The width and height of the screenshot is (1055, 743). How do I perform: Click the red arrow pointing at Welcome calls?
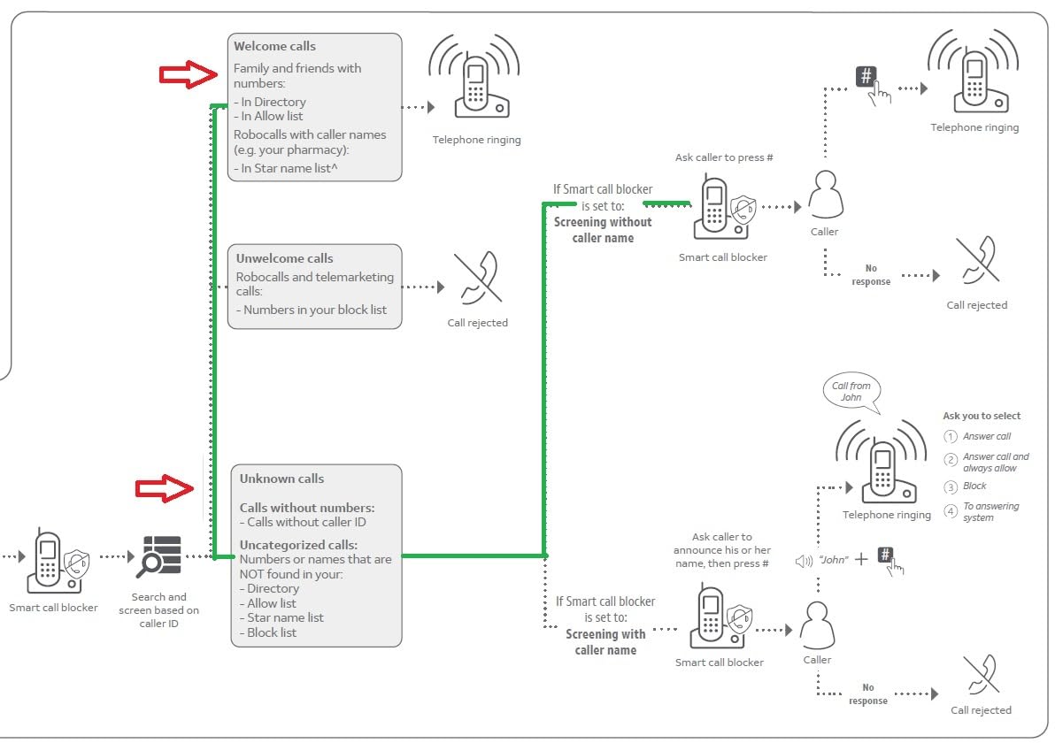(189, 74)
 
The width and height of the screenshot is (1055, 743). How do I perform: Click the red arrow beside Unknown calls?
(165, 488)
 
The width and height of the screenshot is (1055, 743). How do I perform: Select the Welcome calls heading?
(274, 46)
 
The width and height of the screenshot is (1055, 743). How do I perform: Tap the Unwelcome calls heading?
(285, 258)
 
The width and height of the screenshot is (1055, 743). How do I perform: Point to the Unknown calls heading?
(282, 479)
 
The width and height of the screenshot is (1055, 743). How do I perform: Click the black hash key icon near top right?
(866, 76)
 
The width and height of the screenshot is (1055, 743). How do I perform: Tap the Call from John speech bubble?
(851, 391)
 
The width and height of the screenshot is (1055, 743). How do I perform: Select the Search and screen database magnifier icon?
(158, 556)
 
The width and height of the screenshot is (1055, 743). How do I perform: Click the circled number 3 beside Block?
(950, 486)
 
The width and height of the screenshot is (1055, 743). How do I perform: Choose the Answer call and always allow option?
(996, 462)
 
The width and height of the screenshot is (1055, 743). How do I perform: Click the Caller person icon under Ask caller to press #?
(826, 195)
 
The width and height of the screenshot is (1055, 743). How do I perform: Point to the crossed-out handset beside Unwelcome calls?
(479, 278)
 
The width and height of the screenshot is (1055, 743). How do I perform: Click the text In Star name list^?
(289, 168)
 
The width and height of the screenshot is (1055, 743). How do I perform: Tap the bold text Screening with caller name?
(605, 642)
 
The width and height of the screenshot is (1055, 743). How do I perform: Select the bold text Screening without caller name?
(603, 230)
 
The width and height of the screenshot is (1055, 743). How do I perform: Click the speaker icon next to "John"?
(804, 560)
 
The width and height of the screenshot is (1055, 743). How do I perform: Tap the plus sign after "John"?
(861, 559)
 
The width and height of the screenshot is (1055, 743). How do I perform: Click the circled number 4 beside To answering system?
(950, 511)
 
